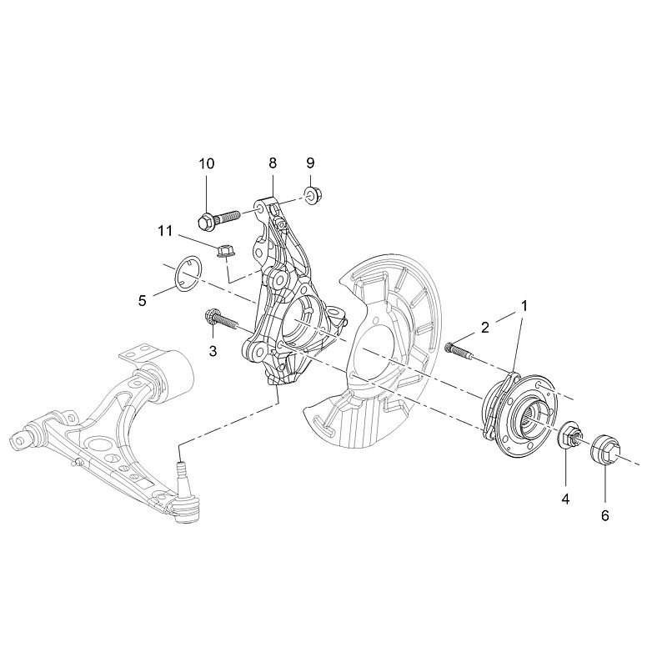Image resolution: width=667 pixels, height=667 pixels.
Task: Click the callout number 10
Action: tap(206, 163)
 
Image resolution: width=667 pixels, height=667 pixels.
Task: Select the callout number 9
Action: tap(310, 162)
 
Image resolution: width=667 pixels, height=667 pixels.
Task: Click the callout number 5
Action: tap(143, 300)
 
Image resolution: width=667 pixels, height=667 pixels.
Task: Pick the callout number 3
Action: tap(213, 352)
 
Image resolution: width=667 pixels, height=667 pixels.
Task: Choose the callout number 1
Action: tap(524, 305)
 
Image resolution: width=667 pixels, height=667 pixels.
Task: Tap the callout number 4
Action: tap(565, 499)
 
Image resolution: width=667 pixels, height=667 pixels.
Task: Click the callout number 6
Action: tap(605, 515)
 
